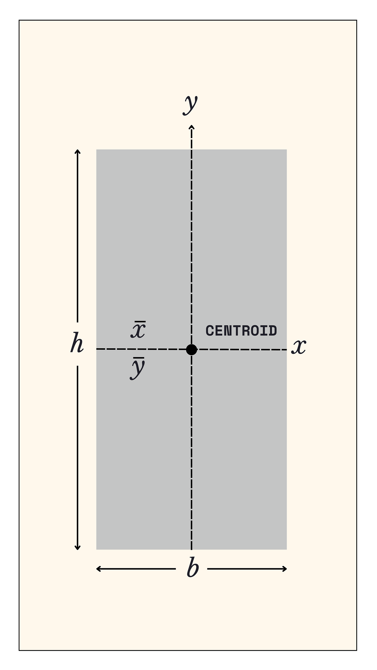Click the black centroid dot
click(x=192, y=349)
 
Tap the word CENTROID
click(x=241, y=331)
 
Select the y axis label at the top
click(x=190, y=105)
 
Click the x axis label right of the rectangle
click(x=299, y=347)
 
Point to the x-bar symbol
click(x=138, y=330)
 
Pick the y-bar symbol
click(x=137, y=369)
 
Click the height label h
click(x=77, y=343)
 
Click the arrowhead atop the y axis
click(x=192, y=127)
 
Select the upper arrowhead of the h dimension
click(x=77, y=151)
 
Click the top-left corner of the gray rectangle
click(x=97, y=150)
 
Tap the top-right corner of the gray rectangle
click(x=286, y=150)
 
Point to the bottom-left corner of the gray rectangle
click(x=97, y=549)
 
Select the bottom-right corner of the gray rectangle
click(x=286, y=549)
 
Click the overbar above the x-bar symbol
click(x=138, y=322)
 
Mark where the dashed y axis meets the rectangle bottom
click(x=192, y=549)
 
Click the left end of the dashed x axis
click(x=97, y=349)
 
